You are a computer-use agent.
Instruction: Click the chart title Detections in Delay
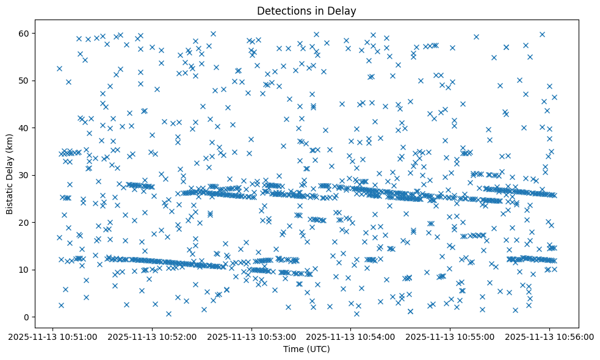[306, 10]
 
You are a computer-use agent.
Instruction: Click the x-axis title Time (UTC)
[306, 349]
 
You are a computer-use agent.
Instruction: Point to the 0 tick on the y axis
[27, 317]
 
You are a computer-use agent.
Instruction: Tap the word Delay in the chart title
[344, 10]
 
